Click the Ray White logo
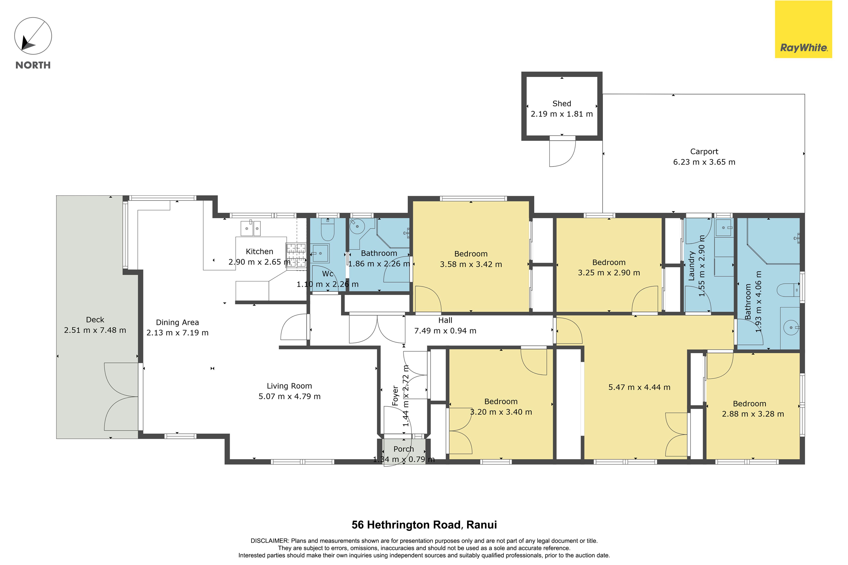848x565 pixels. [803, 29]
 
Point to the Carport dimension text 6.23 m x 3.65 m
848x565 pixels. [704, 162]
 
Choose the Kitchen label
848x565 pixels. [259, 252]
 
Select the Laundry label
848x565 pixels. [691, 266]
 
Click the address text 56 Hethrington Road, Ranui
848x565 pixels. [424, 525]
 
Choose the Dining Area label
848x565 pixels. [177, 323]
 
